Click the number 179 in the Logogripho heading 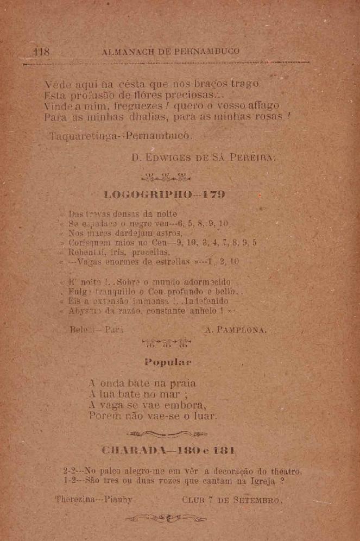click(213, 194)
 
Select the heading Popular click(168, 362)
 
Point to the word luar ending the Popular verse click(206, 417)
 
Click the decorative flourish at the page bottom click(167, 519)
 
